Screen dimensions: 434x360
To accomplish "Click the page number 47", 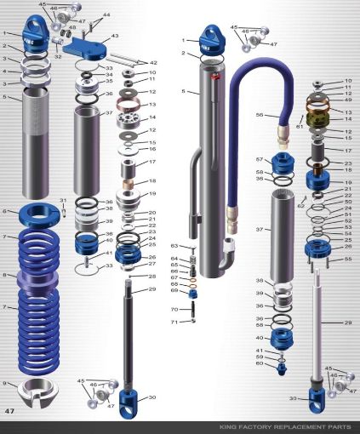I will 11,411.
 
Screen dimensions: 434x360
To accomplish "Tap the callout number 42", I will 153,63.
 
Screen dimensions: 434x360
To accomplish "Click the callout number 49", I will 347,100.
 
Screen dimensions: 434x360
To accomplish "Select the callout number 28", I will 152,277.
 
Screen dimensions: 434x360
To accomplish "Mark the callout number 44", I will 106,15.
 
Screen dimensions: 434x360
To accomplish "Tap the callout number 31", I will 62,200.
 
